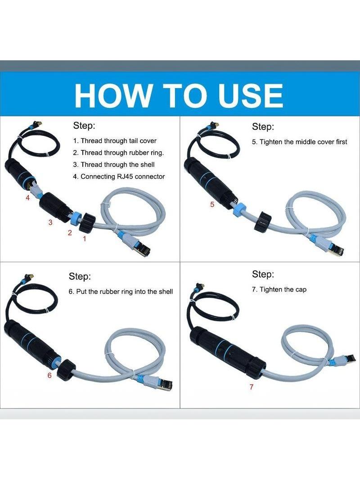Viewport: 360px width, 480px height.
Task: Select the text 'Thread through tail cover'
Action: pyautogui.click(x=118, y=141)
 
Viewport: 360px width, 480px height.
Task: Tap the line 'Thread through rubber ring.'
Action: pyautogui.click(x=122, y=153)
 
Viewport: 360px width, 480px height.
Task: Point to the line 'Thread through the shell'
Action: pyautogui.click(x=117, y=165)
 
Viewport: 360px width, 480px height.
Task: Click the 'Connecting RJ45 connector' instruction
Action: pyautogui.click(x=123, y=177)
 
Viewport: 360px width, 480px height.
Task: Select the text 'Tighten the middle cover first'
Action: pyautogui.click(x=303, y=142)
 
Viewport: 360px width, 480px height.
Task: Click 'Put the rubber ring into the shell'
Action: pyautogui.click(x=124, y=292)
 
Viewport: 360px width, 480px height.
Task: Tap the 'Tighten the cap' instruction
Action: pyautogui.click(x=283, y=290)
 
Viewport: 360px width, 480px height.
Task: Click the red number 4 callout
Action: pyautogui.click(x=27, y=198)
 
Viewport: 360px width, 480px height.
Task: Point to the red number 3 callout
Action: pyautogui.click(x=50, y=223)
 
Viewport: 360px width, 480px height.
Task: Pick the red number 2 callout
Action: pyautogui.click(x=70, y=233)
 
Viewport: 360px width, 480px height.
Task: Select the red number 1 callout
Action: pyautogui.click(x=85, y=238)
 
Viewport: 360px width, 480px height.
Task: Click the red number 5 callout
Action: pyautogui.click(x=212, y=205)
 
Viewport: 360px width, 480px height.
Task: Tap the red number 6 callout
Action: pyautogui.click(x=49, y=375)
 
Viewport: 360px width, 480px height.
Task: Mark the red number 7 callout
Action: pyautogui.click(x=252, y=387)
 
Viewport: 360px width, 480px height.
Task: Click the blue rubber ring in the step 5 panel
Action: pyautogui.click(x=238, y=208)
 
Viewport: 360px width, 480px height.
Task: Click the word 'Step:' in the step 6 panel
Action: pyautogui.click(x=80, y=276)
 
